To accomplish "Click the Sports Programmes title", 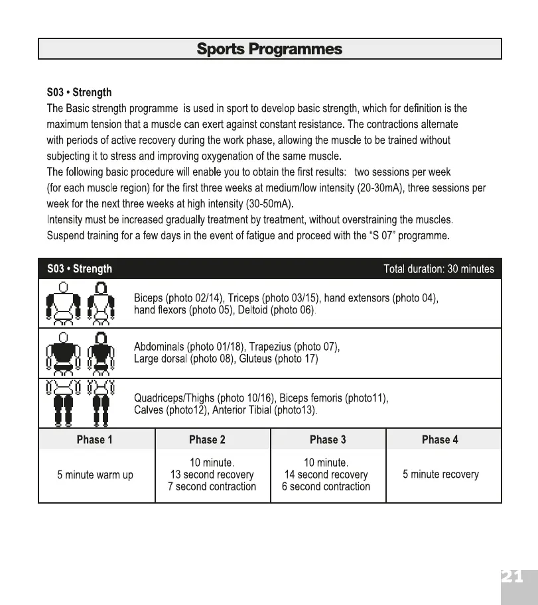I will (x=269, y=49).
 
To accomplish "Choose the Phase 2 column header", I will (x=207, y=439).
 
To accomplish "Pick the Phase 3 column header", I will (x=328, y=439).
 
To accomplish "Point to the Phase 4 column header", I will (x=440, y=439).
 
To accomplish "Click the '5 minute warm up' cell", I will (x=96, y=475).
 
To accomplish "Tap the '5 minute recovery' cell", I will (x=440, y=474).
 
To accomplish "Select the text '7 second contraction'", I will (x=212, y=487).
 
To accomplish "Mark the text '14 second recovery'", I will (x=326, y=474).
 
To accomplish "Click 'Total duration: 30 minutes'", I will (x=438, y=269).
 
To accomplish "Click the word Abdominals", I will (x=159, y=347).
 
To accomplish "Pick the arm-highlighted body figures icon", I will (x=79, y=303).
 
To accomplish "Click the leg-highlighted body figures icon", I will (x=79, y=402).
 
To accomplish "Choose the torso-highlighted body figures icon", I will (x=79, y=354).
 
